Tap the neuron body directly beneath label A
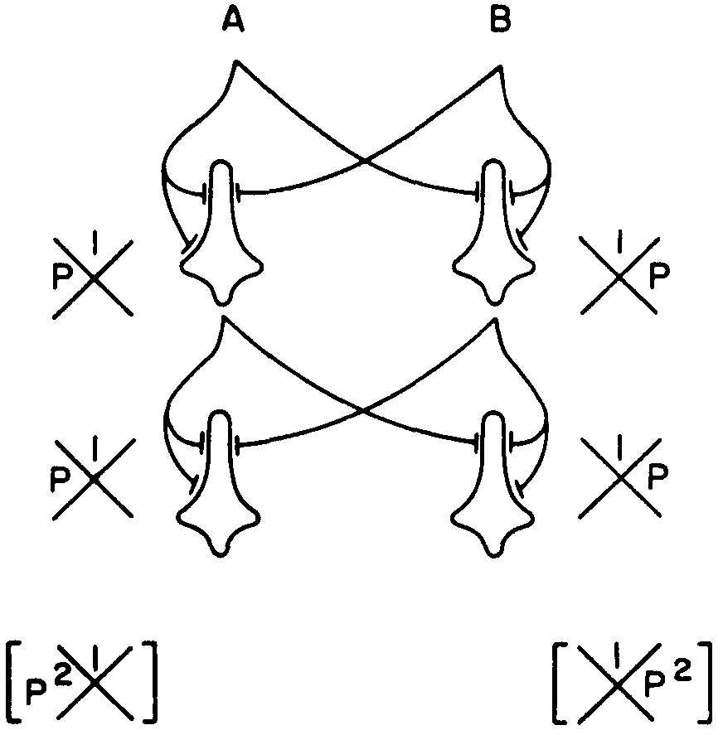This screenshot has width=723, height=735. coord(221,249)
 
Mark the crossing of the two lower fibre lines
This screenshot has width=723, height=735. coord(360,409)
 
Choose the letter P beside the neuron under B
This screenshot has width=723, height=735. coord(659,276)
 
